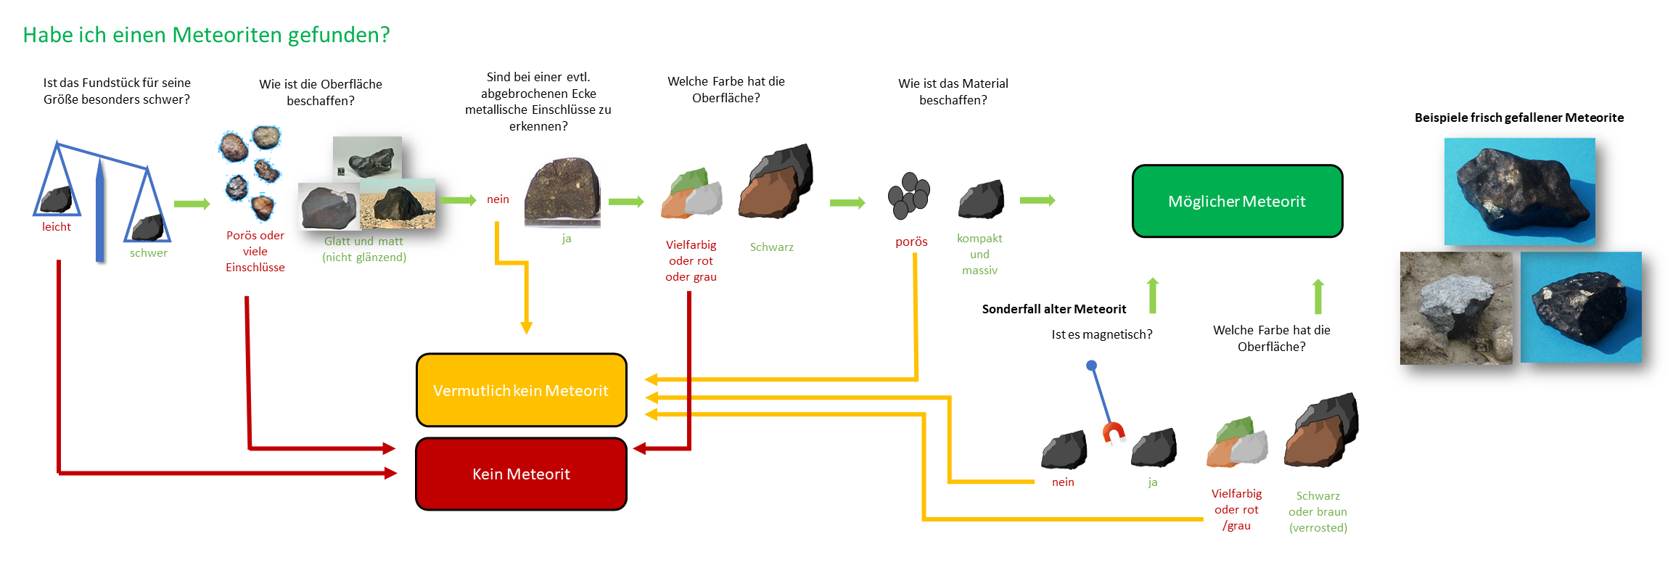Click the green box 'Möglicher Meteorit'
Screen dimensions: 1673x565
(1237, 201)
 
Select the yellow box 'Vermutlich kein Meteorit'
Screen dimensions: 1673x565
(521, 390)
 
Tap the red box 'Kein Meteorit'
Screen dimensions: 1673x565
(521, 474)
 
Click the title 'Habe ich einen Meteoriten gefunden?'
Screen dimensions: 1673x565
(206, 35)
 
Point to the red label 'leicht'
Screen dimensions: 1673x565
(57, 227)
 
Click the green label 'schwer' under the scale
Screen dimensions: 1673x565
(149, 253)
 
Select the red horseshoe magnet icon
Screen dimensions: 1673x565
(1114, 432)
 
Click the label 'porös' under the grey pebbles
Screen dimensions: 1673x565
(911, 242)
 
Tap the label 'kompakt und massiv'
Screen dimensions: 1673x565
(979, 254)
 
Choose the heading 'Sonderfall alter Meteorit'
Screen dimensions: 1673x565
(1054, 309)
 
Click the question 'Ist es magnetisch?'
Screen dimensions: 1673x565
(1102, 334)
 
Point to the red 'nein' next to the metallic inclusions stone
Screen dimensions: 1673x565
(498, 199)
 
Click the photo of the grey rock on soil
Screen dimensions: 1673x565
(1456, 308)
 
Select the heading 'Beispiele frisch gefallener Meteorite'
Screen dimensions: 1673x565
(1519, 117)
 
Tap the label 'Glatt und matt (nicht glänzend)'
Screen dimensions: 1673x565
(364, 249)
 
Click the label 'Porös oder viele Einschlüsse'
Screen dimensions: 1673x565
(255, 251)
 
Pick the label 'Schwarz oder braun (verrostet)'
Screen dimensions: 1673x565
(1318, 511)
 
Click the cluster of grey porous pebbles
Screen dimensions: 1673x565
(909, 195)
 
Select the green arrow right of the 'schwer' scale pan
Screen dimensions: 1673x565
(192, 204)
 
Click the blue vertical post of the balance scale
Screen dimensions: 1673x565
(100, 210)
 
